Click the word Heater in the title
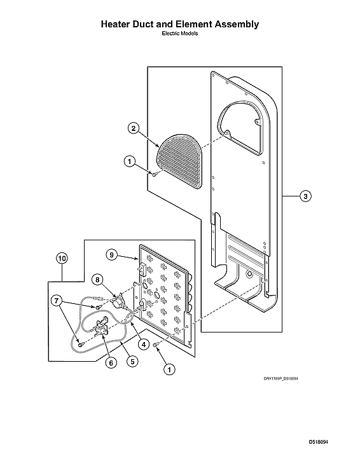[x=118, y=24]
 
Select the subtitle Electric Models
[x=180, y=34]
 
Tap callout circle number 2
[x=133, y=128]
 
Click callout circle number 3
[x=305, y=196]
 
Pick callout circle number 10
[x=62, y=258]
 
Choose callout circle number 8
[x=97, y=278]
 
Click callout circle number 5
[x=132, y=360]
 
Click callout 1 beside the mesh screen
[x=129, y=162]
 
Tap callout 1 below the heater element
[x=169, y=368]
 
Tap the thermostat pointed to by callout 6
[x=100, y=330]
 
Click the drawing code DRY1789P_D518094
[x=281, y=378]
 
